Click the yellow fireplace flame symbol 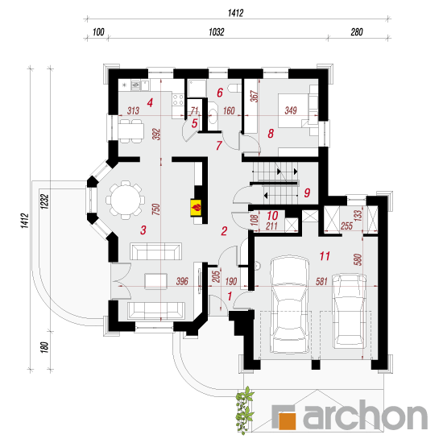(x=196, y=209)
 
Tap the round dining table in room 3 (x=126, y=201)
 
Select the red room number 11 (x=325, y=256)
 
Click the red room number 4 (x=150, y=102)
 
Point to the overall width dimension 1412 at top (x=236, y=13)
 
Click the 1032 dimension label (x=217, y=32)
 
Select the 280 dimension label (x=357, y=32)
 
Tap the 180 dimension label (x=44, y=347)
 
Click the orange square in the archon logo (x=288, y=420)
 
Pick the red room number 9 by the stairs (x=307, y=193)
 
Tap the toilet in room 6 (x=234, y=88)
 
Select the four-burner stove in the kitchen (x=178, y=100)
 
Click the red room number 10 (x=272, y=216)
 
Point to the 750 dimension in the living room (x=156, y=209)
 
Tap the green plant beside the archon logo (x=244, y=410)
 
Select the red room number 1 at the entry (x=230, y=296)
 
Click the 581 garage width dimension (x=321, y=281)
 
